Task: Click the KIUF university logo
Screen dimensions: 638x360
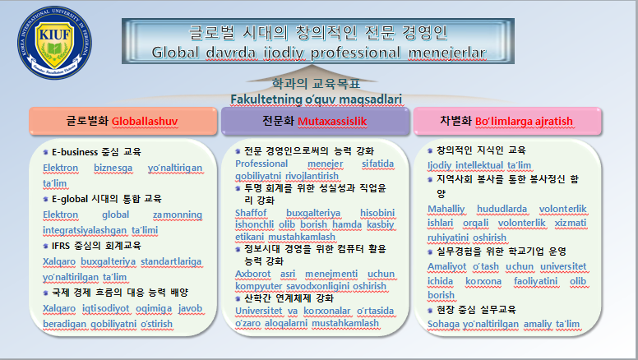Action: coord(54,42)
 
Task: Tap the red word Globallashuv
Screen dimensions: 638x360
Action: coord(145,121)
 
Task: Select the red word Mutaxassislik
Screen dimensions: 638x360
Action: coord(332,121)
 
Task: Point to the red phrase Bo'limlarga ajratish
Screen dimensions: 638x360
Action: coord(524,121)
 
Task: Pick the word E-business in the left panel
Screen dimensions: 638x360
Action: coord(75,152)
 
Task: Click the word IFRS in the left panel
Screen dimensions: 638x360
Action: coord(61,246)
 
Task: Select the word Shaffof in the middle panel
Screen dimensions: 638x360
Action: coord(251,213)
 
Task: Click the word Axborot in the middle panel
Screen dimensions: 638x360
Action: coord(252,274)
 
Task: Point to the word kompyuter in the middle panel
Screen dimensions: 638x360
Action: coord(258,286)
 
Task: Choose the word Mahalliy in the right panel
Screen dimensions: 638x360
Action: coord(446,209)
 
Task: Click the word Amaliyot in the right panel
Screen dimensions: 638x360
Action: coord(446,266)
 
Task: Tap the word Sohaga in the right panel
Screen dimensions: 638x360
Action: coord(443,324)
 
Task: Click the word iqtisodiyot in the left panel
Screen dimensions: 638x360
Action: coord(106,309)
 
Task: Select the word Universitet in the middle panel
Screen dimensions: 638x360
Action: coord(259,311)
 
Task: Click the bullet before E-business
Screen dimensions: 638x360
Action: coord(45,152)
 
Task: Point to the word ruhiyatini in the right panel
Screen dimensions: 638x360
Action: coord(446,238)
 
